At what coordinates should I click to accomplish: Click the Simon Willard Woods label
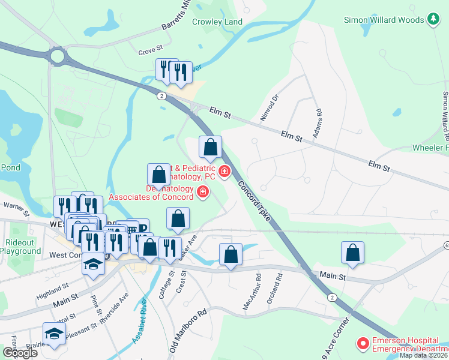click(384, 20)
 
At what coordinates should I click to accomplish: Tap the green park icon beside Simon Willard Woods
click(433, 20)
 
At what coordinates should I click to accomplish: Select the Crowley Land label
click(217, 22)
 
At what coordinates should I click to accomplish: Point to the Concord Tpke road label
click(254, 203)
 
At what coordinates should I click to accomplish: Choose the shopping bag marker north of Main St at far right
click(353, 253)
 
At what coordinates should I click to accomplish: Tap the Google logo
click(19, 353)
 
